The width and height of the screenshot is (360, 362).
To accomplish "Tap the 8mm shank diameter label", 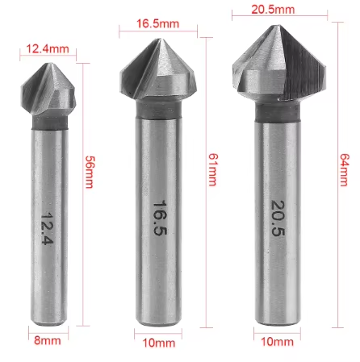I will [47, 340].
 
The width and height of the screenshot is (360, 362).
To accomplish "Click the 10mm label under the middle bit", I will [158, 342].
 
